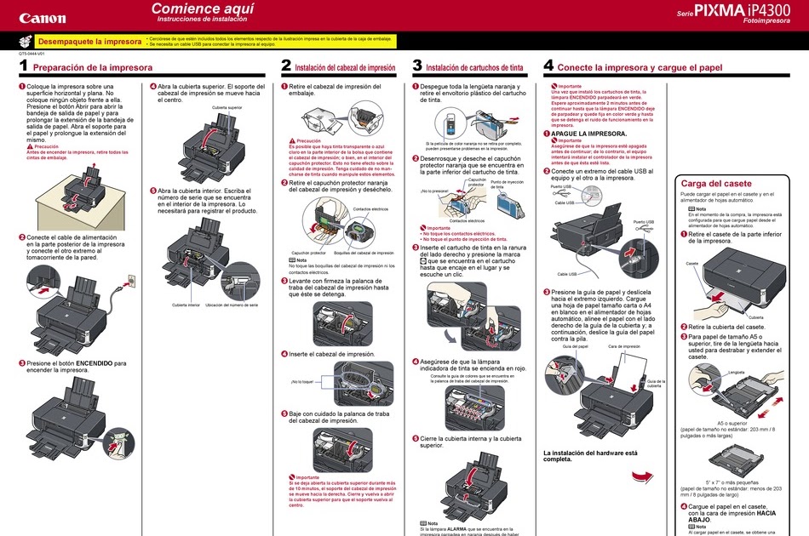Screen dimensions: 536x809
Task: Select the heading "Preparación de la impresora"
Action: pyautogui.click(x=93, y=66)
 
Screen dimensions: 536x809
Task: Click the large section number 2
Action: pyautogui.click(x=286, y=66)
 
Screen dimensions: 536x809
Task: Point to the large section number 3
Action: pyautogui.click(x=417, y=66)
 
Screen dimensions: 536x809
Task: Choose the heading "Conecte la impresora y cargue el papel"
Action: pyautogui.click(x=640, y=66)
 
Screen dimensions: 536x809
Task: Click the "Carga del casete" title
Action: pyautogui.click(x=716, y=183)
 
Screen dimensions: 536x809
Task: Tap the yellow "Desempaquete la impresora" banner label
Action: pyautogui.click(x=90, y=41)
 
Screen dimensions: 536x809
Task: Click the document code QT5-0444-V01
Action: pyautogui.click(x=32, y=54)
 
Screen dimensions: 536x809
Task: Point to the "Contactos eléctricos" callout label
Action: pyautogui.click(x=370, y=208)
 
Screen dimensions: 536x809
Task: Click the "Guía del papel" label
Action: pyautogui.click(x=576, y=347)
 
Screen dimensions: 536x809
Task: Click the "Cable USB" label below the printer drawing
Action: pyautogui.click(x=567, y=274)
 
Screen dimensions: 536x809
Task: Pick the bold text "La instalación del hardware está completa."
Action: pyautogui.click(x=590, y=456)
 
